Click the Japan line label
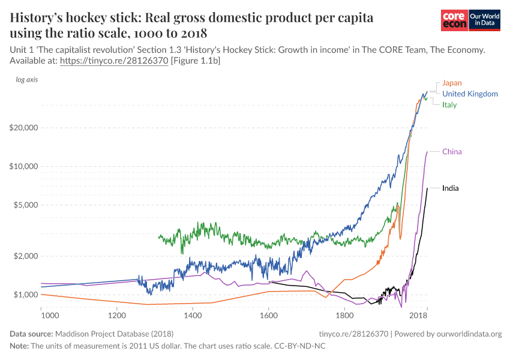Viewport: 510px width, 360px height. click(x=452, y=83)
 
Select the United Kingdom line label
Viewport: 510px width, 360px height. click(x=470, y=94)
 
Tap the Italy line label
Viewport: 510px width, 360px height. click(x=449, y=105)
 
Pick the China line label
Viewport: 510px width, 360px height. click(x=452, y=152)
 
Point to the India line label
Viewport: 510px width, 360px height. click(x=450, y=188)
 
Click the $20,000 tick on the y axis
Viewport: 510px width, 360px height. click(x=24, y=128)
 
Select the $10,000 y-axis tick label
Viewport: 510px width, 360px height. click(x=24, y=166)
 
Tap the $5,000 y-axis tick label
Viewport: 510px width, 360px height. click(x=26, y=205)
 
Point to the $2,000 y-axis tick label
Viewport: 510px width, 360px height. click(x=26, y=256)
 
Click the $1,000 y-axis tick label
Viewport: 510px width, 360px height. click(x=26, y=295)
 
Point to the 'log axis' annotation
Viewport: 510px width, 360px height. click(x=26, y=80)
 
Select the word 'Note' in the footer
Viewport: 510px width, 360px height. click(x=19, y=346)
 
